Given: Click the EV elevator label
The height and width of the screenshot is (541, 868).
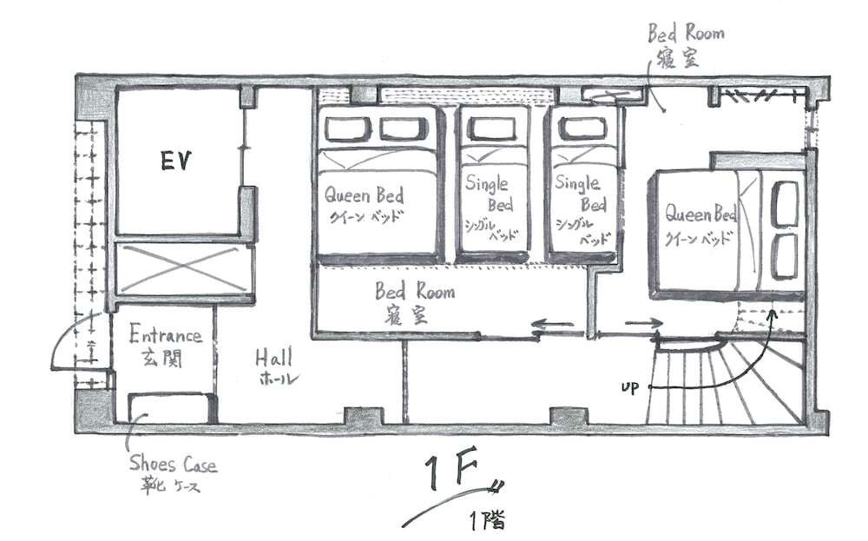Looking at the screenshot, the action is tap(175, 162).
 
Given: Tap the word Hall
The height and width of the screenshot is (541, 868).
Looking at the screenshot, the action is tap(273, 358).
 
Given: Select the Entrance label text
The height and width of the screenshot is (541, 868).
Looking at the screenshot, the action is tap(165, 334).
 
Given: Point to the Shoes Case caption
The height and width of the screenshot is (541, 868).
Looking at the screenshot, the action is tap(174, 464).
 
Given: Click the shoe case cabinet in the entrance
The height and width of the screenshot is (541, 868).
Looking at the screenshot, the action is tap(172, 407).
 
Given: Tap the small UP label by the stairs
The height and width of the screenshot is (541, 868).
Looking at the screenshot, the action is tap(629, 387).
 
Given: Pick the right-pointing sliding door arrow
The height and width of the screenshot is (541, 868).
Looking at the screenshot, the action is tap(643, 323).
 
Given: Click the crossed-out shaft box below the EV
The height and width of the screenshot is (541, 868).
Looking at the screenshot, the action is tap(184, 268).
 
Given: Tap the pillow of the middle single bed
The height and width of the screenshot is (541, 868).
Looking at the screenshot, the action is tap(491, 129).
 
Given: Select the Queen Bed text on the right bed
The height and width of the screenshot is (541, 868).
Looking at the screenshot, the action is tap(700, 214).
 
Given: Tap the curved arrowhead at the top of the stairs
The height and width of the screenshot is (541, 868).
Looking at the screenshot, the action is tap(773, 313).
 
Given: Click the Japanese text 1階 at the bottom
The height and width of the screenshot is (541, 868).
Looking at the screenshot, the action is tap(488, 521).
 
